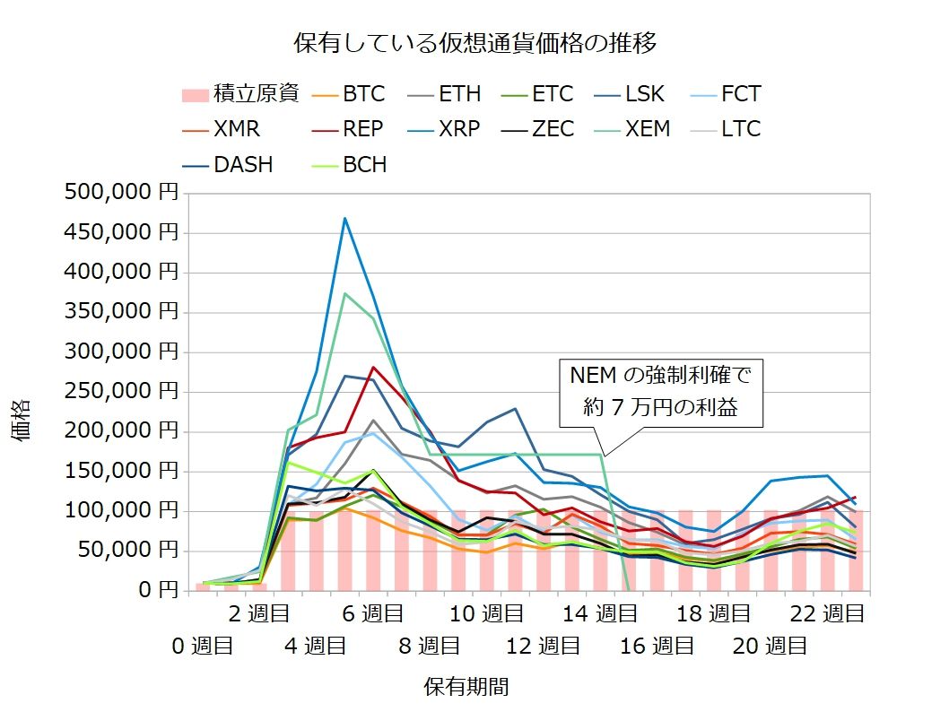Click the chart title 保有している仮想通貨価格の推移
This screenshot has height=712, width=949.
(475, 43)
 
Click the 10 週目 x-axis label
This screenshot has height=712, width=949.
(486, 614)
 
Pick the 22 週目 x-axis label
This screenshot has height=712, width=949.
(829, 614)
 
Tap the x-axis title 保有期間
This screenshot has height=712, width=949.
(466, 687)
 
